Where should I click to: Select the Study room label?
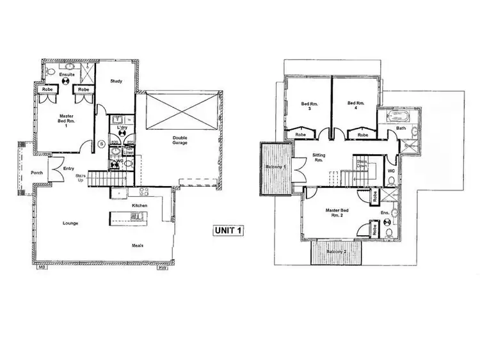click(x=116, y=81)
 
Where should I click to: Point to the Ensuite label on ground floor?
click(x=67, y=75)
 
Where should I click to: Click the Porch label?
click(x=38, y=172)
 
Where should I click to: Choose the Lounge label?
click(x=70, y=223)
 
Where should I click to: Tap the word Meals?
click(x=137, y=244)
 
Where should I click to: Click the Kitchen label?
click(x=140, y=205)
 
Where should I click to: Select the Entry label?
click(x=69, y=169)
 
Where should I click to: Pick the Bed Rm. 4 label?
click(x=355, y=106)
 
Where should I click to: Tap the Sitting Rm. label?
click(x=319, y=158)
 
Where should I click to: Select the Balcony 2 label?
click(x=336, y=252)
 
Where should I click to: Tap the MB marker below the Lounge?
click(x=42, y=268)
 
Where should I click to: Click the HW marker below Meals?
click(x=162, y=268)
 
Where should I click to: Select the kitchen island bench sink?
click(x=136, y=217)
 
